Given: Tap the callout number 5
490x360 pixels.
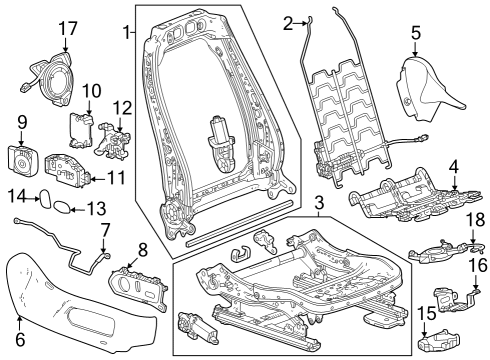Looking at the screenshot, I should pyautogui.click(x=415, y=32).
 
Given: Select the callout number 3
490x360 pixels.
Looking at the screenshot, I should pyautogui.click(x=318, y=206).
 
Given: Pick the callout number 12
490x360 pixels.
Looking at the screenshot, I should pyautogui.click(x=122, y=108).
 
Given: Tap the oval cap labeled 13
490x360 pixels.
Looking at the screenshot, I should pyautogui.click(x=62, y=209).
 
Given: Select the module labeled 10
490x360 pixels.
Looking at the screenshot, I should pyautogui.click(x=80, y=129).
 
